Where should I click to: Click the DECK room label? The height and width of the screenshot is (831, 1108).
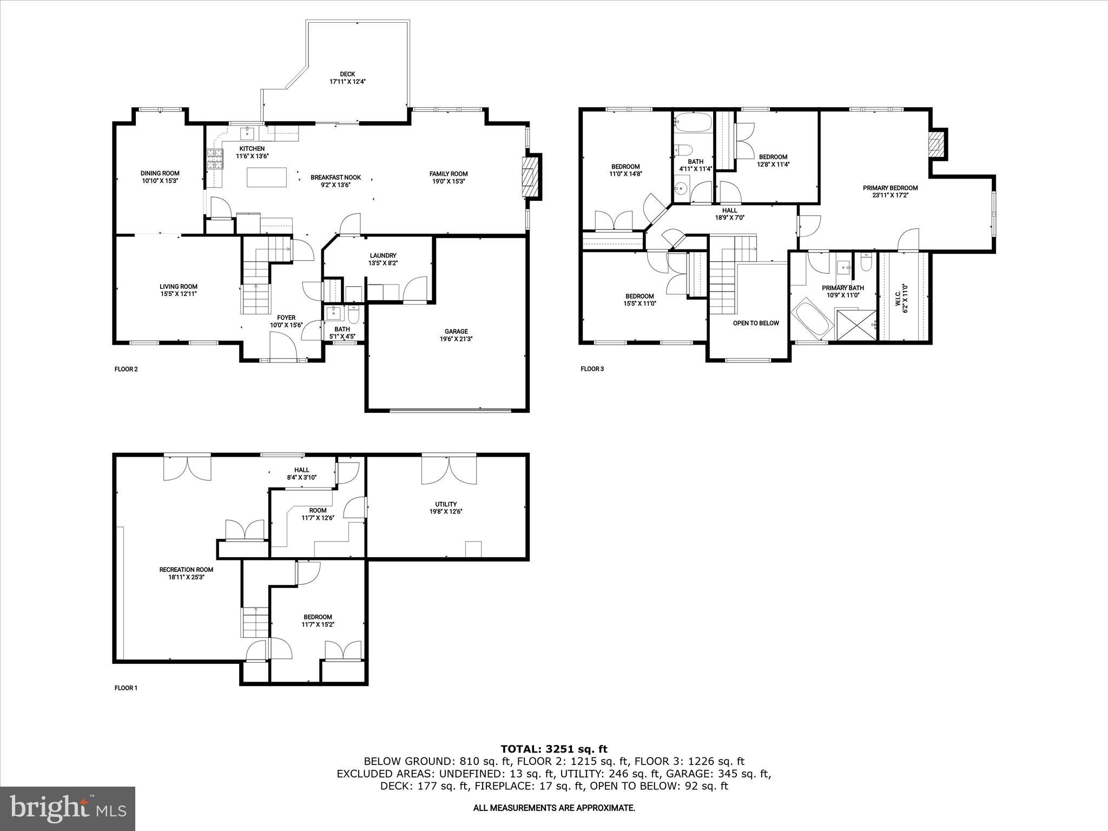click(347, 74)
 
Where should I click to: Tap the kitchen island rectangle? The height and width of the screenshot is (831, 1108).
click(267, 177)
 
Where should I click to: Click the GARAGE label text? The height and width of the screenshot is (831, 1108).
click(456, 332)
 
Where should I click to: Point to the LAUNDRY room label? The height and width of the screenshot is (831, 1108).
click(383, 256)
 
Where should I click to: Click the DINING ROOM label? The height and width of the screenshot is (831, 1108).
click(160, 174)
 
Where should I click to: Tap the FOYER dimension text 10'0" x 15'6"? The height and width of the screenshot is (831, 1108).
click(286, 325)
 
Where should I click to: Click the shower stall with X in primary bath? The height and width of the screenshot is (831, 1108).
click(856, 325)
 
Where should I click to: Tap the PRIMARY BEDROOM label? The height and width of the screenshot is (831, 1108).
click(890, 188)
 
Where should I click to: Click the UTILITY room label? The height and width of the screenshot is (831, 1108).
click(446, 504)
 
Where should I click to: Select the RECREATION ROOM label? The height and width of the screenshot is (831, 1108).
click(186, 569)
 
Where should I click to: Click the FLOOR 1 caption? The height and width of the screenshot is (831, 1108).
click(126, 688)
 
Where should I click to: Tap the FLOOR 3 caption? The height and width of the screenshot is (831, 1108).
click(592, 369)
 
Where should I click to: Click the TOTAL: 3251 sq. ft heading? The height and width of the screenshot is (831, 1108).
click(553, 749)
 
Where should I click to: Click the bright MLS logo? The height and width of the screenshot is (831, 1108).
click(68, 808)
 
